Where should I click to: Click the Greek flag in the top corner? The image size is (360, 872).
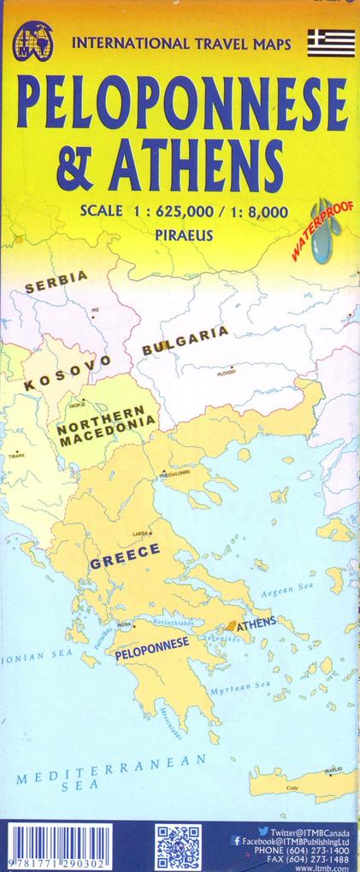(x=332, y=42)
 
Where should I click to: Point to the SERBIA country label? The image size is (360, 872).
(x=56, y=281)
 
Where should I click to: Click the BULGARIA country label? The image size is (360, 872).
(x=186, y=339)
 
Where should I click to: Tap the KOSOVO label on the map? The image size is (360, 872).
(x=68, y=374)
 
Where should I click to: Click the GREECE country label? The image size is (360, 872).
(x=125, y=557)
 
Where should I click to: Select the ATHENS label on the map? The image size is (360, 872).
(x=257, y=622)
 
